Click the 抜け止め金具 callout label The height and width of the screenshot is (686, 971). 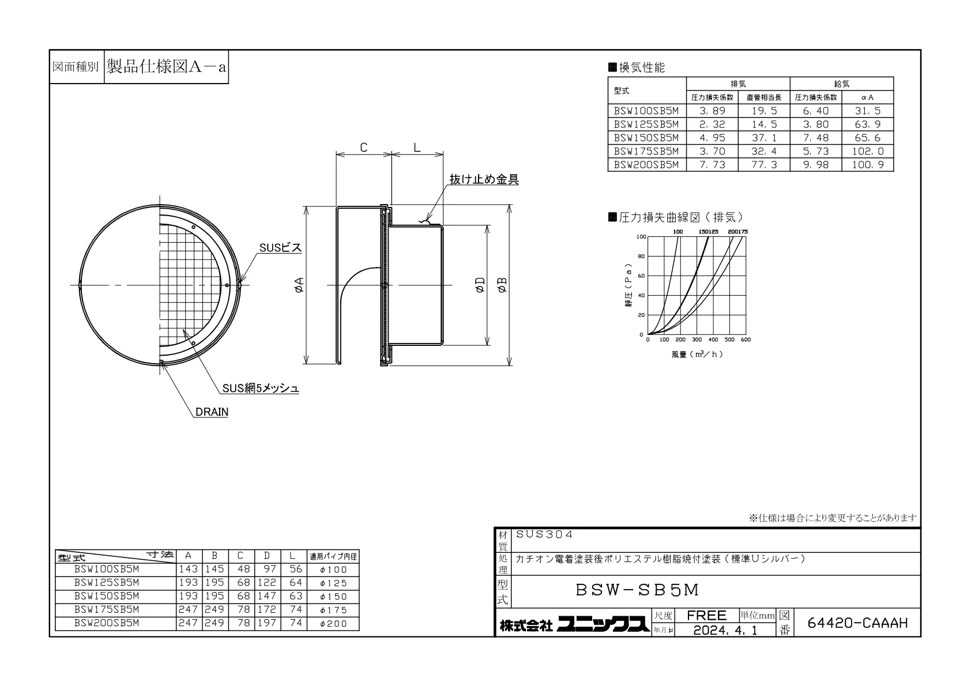pyautogui.click(x=484, y=179)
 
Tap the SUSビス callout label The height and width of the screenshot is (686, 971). pyautogui.click(x=280, y=247)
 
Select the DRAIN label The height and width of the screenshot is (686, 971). pyautogui.click(x=212, y=412)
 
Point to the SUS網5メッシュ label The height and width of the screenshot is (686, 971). pyautogui.click(x=261, y=388)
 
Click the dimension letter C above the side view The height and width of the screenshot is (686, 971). pyautogui.click(x=364, y=148)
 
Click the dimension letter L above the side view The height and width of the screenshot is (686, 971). pyautogui.click(x=417, y=148)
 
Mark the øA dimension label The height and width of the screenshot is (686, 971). pyautogui.click(x=299, y=285)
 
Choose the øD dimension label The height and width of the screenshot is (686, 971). pyautogui.click(x=480, y=285)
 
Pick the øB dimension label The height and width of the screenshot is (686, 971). pyautogui.click(x=502, y=285)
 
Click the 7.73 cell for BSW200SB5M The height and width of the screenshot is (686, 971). pyautogui.click(x=712, y=165)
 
